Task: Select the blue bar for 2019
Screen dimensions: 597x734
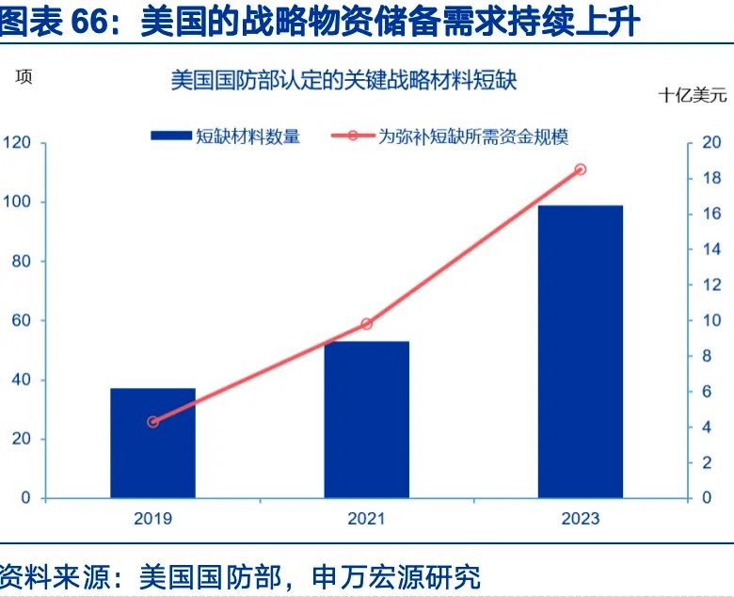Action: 152,443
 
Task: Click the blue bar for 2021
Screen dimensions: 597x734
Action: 366,419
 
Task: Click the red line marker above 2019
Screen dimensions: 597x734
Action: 153,422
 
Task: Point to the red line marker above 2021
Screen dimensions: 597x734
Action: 366,324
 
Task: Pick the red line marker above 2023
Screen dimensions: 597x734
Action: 580,169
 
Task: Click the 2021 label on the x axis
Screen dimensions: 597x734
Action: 366,519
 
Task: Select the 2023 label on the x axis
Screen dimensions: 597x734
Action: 580,519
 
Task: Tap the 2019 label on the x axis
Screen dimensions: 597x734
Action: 152,519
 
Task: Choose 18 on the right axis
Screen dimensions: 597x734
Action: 712,179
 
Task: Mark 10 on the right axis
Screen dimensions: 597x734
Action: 712,321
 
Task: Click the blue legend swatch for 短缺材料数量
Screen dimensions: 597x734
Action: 170,137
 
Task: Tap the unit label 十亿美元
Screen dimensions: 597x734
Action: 693,95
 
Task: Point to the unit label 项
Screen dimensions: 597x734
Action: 24,79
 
